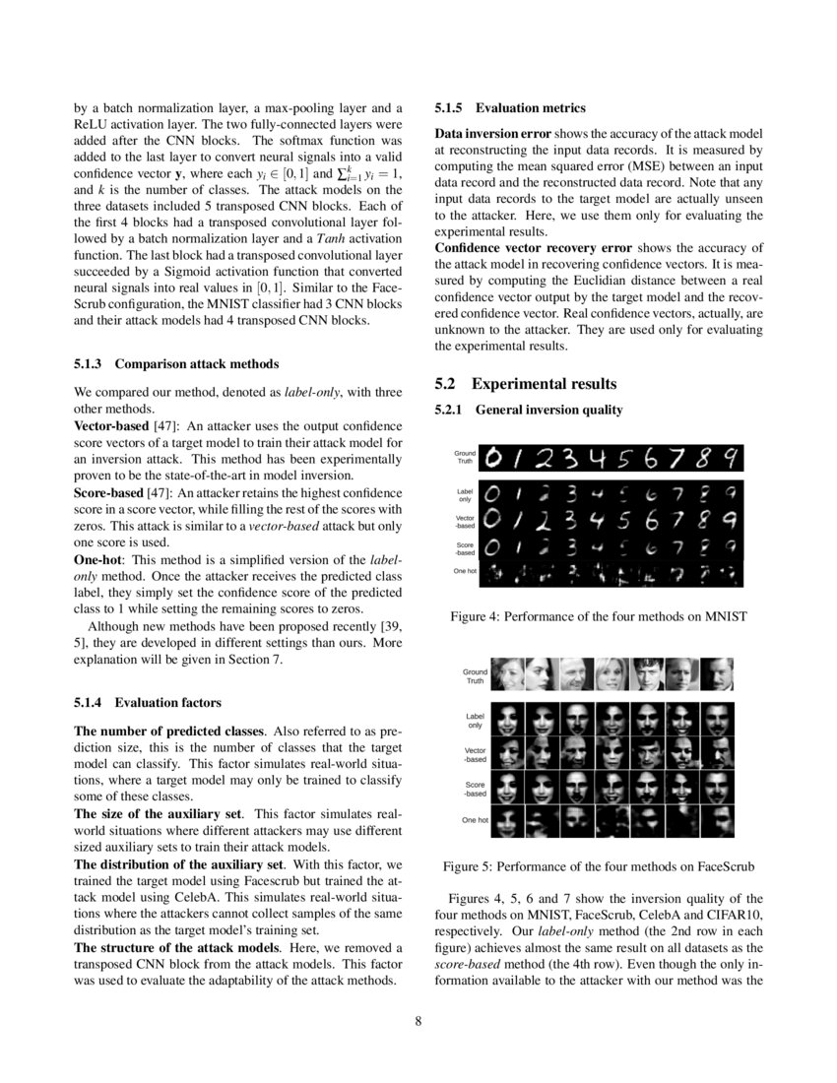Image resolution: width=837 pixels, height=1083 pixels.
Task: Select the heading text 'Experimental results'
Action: click(x=545, y=384)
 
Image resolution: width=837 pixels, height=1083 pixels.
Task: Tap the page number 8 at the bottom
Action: click(x=418, y=1020)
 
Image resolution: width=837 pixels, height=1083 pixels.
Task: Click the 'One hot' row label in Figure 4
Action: click(x=466, y=570)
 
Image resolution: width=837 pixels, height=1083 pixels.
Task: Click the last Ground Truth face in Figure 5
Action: click(x=717, y=675)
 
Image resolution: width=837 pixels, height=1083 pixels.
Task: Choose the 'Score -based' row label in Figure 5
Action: click(x=475, y=789)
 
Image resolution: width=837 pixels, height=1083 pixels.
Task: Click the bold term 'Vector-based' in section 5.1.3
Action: click(x=113, y=425)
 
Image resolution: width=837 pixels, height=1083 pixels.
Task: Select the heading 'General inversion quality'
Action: click(x=548, y=409)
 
